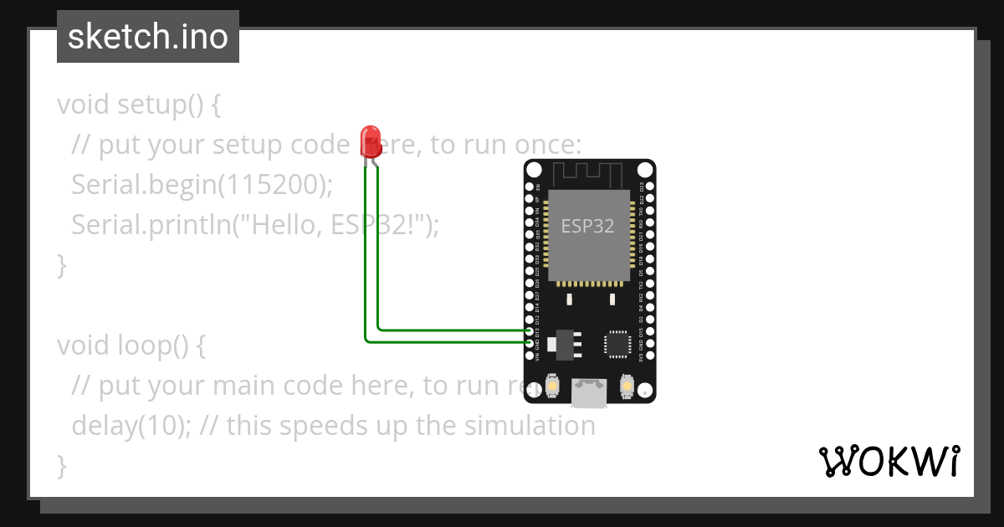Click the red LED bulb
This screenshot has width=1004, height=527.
coord(370,140)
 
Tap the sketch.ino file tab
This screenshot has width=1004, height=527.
coord(148,37)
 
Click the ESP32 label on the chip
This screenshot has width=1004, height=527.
coord(587,226)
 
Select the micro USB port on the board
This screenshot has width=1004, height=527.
coord(589,393)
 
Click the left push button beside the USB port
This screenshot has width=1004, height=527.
coord(552,386)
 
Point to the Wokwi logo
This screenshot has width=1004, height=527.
coord(889,461)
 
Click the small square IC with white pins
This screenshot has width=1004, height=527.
coord(617,343)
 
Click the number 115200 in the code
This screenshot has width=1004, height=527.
coord(271,185)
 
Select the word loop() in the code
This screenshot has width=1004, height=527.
coord(161,345)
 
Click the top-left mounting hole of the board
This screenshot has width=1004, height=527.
coord(533,170)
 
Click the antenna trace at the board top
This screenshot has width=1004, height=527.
coord(589,175)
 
